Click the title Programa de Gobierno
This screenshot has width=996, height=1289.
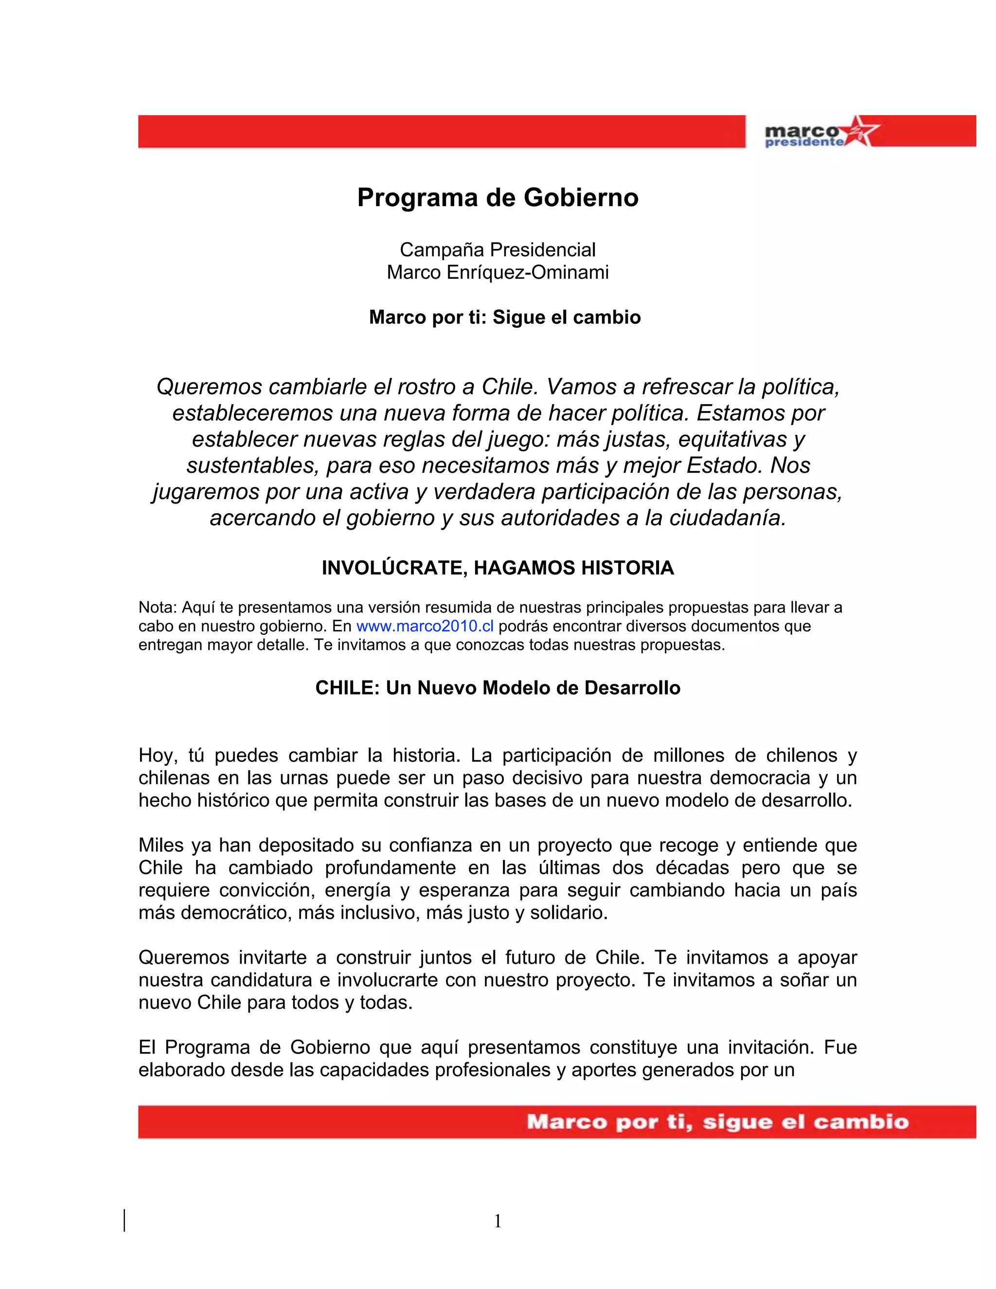(498, 197)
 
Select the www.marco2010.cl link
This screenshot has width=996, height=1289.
(425, 626)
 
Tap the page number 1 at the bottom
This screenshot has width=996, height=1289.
(498, 1220)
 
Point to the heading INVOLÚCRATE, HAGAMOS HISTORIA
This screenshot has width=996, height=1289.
(498, 568)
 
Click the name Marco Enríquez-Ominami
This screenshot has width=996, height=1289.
(498, 273)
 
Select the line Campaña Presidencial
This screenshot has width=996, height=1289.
(498, 250)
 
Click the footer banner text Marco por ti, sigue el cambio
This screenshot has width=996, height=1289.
(717, 1121)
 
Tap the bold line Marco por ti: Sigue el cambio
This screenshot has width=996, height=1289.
(504, 317)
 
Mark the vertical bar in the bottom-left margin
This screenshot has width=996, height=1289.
(124, 1220)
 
